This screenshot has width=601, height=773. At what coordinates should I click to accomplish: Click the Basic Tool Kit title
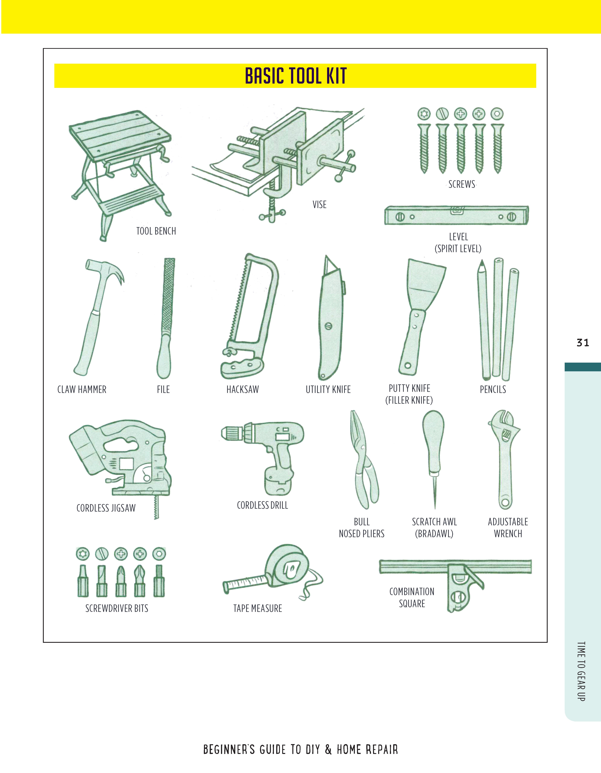(x=296, y=76)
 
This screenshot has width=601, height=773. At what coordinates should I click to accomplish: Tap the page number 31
(x=583, y=343)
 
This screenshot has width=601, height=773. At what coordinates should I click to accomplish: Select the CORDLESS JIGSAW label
(x=106, y=508)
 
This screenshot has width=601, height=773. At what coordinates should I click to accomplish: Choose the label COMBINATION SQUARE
(x=412, y=597)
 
